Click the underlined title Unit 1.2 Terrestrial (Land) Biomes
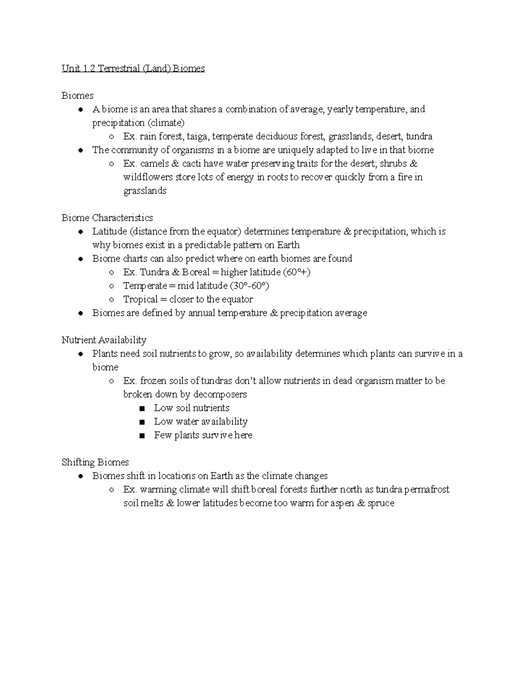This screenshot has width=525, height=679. [x=133, y=69]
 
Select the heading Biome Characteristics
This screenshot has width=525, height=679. [x=107, y=218]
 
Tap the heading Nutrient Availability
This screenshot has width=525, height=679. [x=104, y=340]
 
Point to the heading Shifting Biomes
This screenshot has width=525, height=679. [x=95, y=462]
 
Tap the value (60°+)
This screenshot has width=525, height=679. [x=297, y=272]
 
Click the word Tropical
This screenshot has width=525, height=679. [x=140, y=299]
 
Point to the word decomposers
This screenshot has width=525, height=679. [x=220, y=394]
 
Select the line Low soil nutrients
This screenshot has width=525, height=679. [x=192, y=408]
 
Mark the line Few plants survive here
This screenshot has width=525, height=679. [x=203, y=435]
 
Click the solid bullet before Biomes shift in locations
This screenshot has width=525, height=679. [x=80, y=476]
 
